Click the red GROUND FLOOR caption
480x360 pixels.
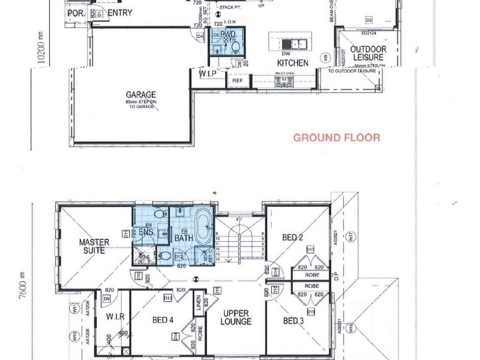click(336, 137)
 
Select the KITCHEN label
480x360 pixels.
click(292, 62)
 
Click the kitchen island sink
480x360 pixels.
click(296, 44)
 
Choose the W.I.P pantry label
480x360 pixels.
click(208, 73)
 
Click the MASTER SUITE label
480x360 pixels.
click(95, 246)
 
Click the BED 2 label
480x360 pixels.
click(293, 238)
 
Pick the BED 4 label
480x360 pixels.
click(163, 320)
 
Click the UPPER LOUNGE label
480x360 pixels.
click(236, 317)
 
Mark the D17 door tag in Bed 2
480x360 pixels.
click(310, 249)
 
